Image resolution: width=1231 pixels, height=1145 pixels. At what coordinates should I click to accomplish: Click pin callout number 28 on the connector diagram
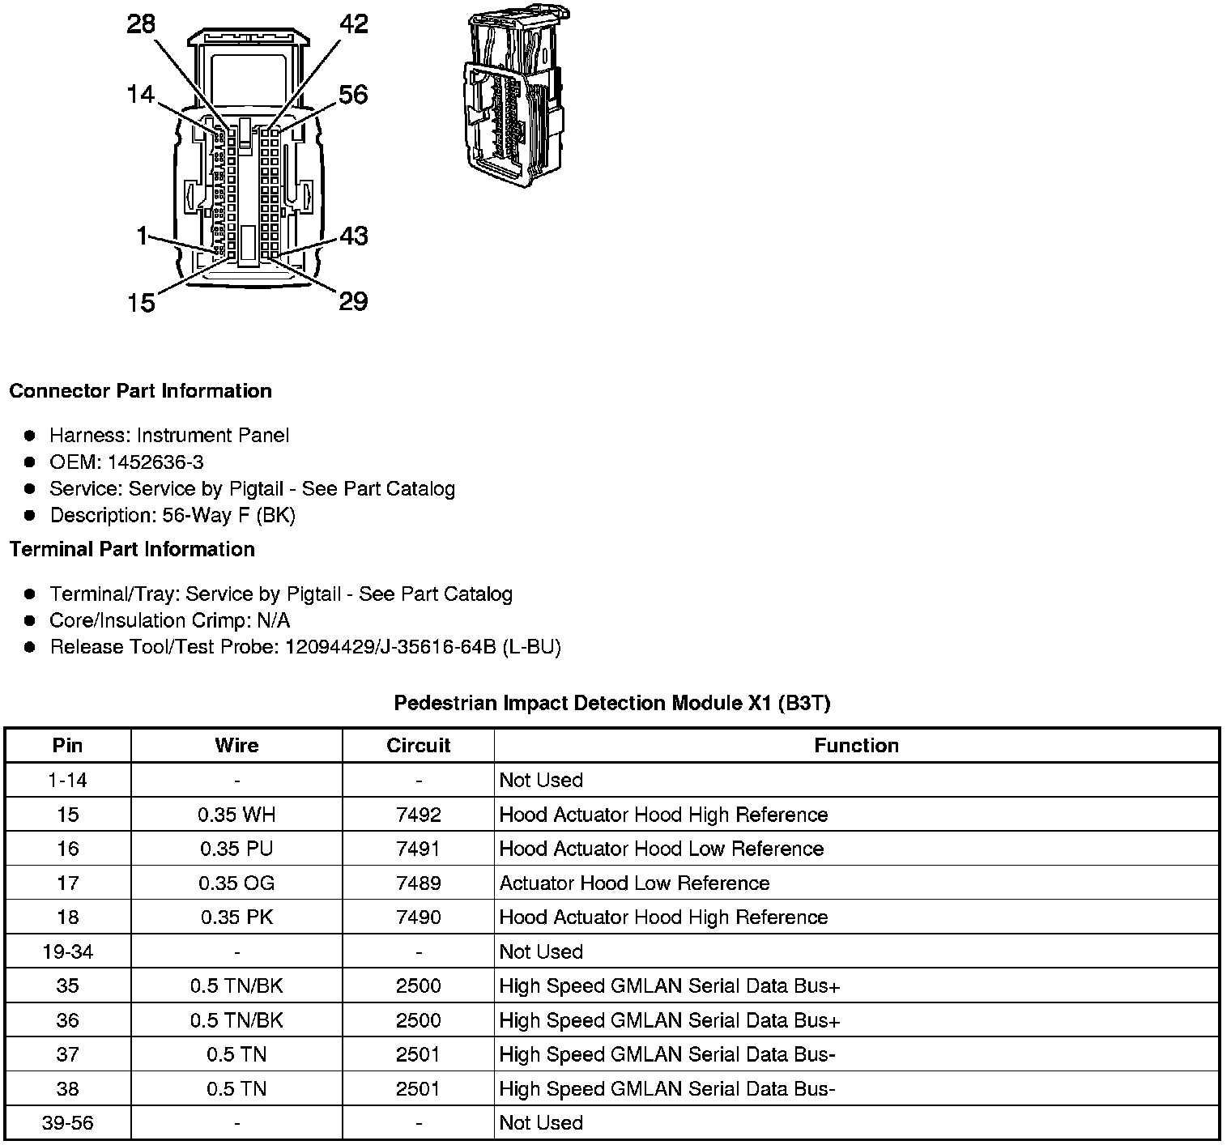click(x=140, y=24)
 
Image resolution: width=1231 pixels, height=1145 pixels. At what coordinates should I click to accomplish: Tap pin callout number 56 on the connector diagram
click(x=353, y=95)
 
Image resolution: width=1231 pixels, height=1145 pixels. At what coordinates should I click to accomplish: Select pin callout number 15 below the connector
click(x=140, y=303)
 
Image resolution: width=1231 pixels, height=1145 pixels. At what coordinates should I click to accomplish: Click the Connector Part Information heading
click(x=140, y=391)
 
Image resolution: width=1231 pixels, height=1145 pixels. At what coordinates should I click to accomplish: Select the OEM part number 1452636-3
click(x=126, y=462)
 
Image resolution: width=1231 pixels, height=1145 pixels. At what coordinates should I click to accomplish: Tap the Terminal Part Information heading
click(x=132, y=549)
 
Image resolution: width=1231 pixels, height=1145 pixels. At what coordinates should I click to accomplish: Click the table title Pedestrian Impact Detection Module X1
click(x=611, y=703)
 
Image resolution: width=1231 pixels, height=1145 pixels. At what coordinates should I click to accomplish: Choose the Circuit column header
click(x=418, y=746)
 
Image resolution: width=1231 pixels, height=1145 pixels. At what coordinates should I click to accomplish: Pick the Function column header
click(x=856, y=746)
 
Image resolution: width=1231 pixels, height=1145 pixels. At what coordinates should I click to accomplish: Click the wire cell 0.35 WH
click(x=236, y=815)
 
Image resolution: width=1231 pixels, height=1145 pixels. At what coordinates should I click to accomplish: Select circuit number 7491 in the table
click(x=418, y=849)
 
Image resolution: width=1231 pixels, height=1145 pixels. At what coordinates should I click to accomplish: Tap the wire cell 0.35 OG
click(x=236, y=883)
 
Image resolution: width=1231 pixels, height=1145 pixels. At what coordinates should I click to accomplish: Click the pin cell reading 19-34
click(x=68, y=951)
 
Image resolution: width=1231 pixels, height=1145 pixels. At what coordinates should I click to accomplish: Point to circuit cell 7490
click(x=418, y=917)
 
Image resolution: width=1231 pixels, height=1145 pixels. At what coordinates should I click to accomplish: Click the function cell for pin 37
click(x=667, y=1054)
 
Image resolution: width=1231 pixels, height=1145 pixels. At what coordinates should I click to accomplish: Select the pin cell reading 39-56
click(x=68, y=1123)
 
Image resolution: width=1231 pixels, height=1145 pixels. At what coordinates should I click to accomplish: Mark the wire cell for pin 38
click(x=236, y=1088)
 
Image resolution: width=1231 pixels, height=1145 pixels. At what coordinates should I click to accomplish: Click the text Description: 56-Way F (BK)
click(x=173, y=516)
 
